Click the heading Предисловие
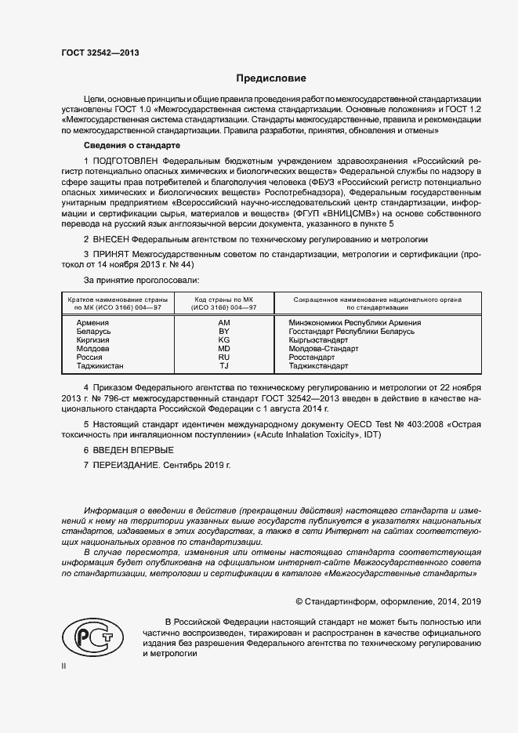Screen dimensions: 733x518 click(271, 78)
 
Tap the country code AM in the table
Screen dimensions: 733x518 click(224, 323)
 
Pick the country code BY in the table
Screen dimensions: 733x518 click(224, 332)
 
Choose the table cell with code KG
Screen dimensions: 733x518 click(224, 340)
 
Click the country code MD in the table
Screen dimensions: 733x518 click(224, 349)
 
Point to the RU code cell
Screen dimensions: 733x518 click(224, 357)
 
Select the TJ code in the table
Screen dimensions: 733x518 click(224, 366)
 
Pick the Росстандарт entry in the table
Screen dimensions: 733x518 click(312, 357)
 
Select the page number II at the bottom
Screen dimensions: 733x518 click(64, 666)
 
